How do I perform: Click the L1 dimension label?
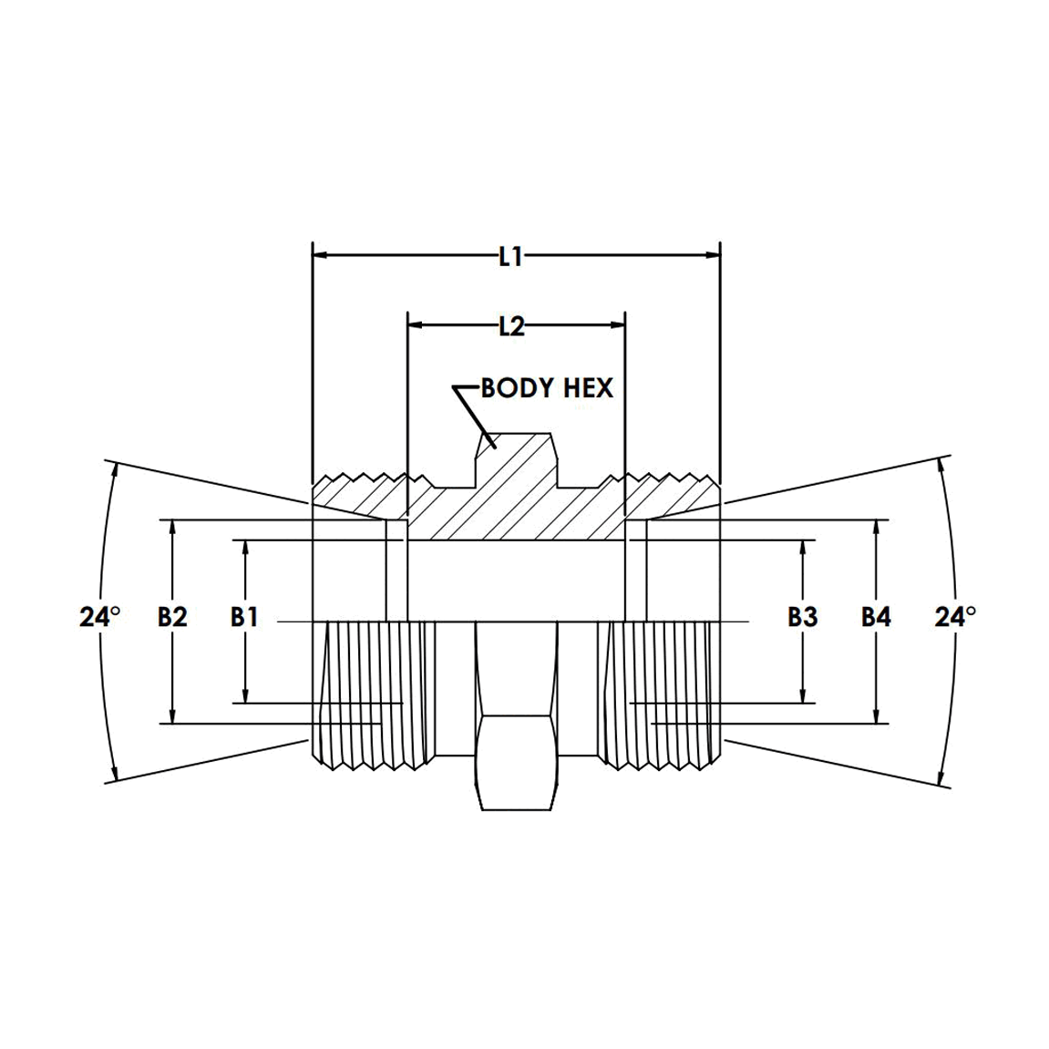pyautogui.click(x=511, y=257)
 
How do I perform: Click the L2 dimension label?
pyautogui.click(x=512, y=327)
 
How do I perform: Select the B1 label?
pyautogui.click(x=244, y=618)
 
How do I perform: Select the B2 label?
pyautogui.click(x=172, y=618)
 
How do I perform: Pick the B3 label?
pyautogui.click(x=803, y=618)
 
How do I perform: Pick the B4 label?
pyautogui.click(x=876, y=618)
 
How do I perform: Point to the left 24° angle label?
pyautogui.click(x=100, y=617)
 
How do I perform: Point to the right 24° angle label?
pyautogui.click(x=955, y=617)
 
